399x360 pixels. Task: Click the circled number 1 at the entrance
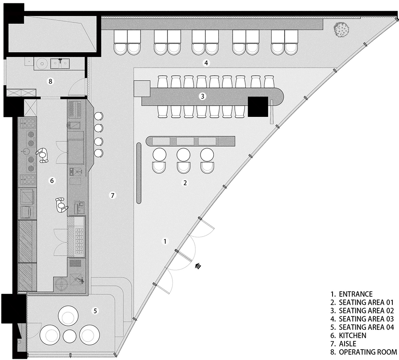coord(165,241)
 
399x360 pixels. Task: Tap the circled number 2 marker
coord(185,183)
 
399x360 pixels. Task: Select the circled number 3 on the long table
coord(202,96)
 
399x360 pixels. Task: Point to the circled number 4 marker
coord(206,63)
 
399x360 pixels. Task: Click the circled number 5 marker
coord(95,311)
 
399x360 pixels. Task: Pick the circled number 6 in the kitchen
coord(52,180)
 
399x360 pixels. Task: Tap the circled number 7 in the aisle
coord(112,195)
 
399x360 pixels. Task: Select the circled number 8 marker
coord(50,81)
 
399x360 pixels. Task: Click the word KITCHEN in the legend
coord(352,335)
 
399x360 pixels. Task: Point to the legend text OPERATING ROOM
coord(368,352)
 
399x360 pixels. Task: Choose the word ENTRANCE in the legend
coord(356,294)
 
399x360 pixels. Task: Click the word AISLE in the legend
coord(347,344)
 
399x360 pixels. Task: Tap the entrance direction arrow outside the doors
coord(198,266)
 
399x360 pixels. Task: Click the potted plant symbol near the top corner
coord(341,30)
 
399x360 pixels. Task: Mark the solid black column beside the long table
coord(258,107)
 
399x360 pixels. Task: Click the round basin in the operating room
coord(41,63)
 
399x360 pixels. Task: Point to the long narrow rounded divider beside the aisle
coord(139,173)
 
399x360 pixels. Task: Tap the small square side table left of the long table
coord(142,89)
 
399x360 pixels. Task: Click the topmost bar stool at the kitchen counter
coord(99,116)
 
